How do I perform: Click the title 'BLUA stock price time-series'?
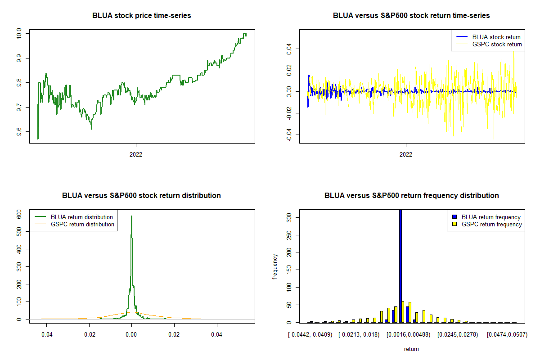[x=141, y=15]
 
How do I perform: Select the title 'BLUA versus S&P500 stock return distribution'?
[x=141, y=195]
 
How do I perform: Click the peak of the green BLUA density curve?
[x=131, y=216]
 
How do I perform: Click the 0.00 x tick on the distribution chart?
[x=131, y=335]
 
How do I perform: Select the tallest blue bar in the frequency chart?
[x=400, y=265]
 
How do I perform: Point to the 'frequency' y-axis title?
[x=275, y=267]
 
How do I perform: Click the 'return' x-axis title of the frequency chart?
[x=411, y=349]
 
